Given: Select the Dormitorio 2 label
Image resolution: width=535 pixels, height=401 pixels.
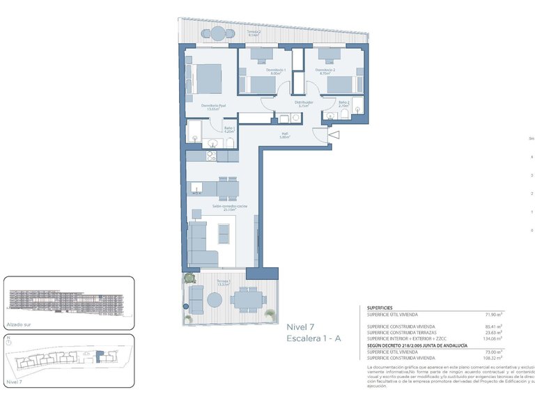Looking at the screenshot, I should click(x=325, y=70).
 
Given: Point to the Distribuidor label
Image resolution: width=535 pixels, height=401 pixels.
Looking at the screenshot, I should click(x=303, y=102).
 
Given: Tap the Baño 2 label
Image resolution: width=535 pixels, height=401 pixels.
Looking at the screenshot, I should click(x=343, y=103).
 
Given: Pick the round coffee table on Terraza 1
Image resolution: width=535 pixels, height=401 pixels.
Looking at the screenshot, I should click(x=216, y=299).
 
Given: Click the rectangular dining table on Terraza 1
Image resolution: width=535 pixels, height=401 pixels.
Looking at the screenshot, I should click(x=247, y=300).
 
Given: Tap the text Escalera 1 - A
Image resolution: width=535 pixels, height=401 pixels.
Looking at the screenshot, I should click(x=313, y=338).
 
